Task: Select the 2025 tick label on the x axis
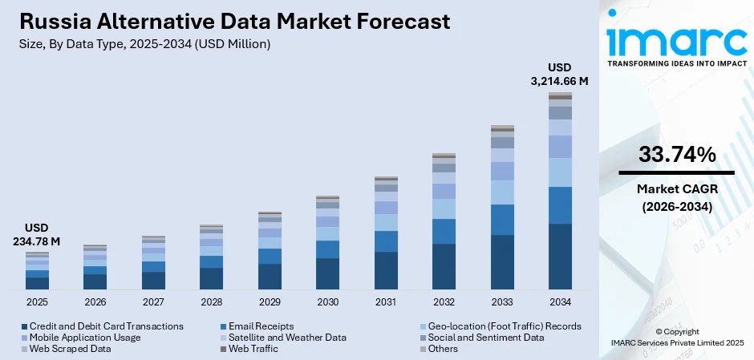click(x=37, y=302)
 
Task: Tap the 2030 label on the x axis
click(x=327, y=302)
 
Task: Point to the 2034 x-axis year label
click(x=560, y=302)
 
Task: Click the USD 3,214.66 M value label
click(x=560, y=74)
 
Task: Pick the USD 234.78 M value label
click(x=37, y=234)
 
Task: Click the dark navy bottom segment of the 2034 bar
click(x=560, y=257)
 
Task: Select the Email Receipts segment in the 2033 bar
click(x=502, y=220)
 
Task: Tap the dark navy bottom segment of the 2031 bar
click(x=386, y=270)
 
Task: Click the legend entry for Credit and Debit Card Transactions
click(x=102, y=326)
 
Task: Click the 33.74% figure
click(x=677, y=156)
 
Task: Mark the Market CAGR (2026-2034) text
click(x=677, y=197)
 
